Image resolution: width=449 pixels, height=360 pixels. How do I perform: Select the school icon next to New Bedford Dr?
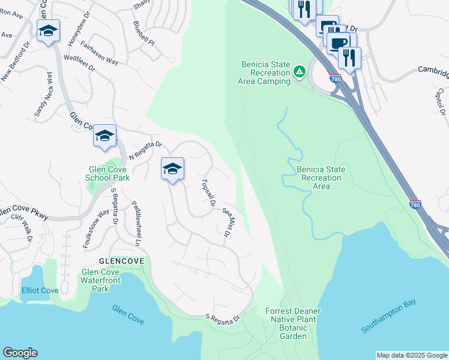pyautogui.click(x=48, y=31)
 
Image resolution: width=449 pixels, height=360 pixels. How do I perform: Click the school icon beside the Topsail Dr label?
pyautogui.click(x=172, y=169)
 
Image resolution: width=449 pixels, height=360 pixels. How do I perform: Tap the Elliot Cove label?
pyautogui.click(x=40, y=290)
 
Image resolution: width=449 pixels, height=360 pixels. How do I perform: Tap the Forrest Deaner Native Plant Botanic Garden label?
pyautogui.click(x=293, y=323)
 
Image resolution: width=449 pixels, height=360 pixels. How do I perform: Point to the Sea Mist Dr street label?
pyautogui.click(x=228, y=222)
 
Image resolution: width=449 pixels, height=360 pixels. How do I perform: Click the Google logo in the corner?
pyautogui.click(x=20, y=353)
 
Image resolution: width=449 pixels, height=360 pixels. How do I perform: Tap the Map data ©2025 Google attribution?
pyautogui.click(x=412, y=355)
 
